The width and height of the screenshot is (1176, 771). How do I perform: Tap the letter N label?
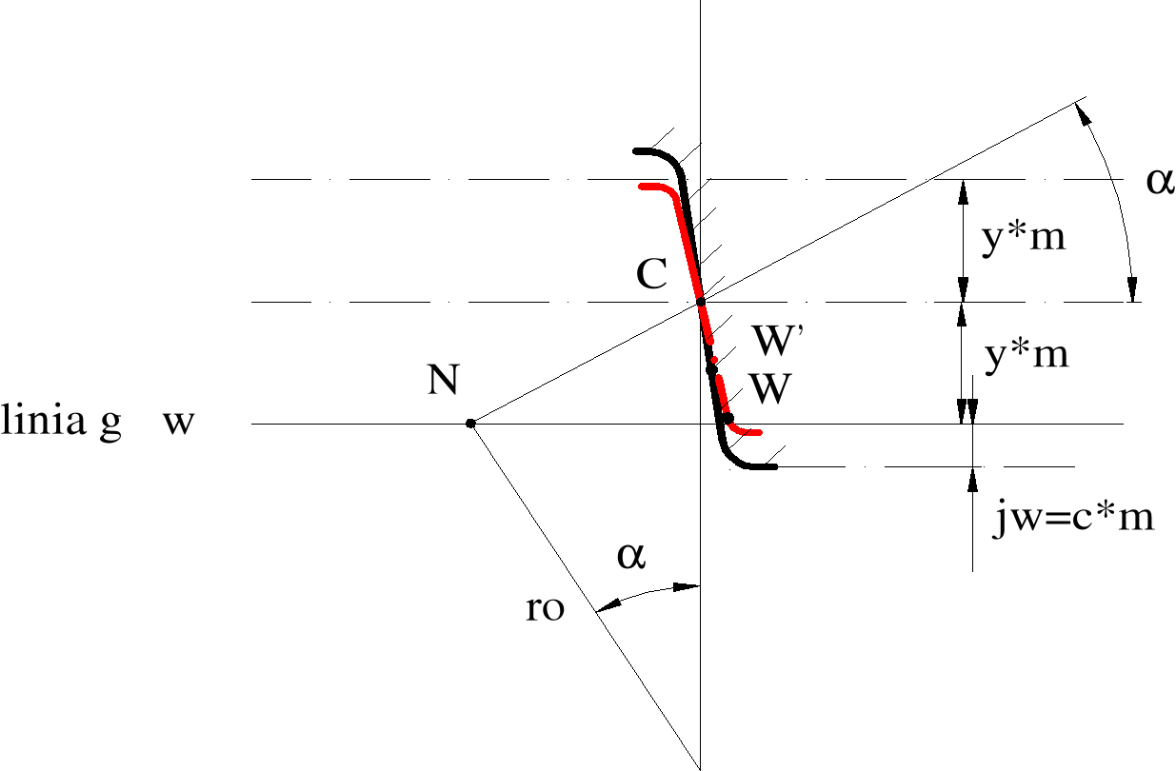[x=445, y=380]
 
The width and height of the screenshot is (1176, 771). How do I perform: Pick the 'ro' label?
[x=545, y=609]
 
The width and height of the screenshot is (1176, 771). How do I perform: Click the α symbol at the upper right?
[x=1160, y=180]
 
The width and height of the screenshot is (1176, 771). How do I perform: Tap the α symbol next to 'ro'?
[x=631, y=555]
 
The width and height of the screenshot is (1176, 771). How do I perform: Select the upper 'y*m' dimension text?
[x=1022, y=238]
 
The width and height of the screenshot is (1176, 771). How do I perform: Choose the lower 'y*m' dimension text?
[x=1025, y=356]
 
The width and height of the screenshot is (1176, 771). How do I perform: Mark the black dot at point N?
[x=470, y=423]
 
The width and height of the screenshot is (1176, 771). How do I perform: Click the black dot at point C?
[x=701, y=302]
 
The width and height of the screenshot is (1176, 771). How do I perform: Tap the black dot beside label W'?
[x=711, y=368]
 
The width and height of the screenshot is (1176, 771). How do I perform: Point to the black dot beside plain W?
[x=728, y=419]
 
